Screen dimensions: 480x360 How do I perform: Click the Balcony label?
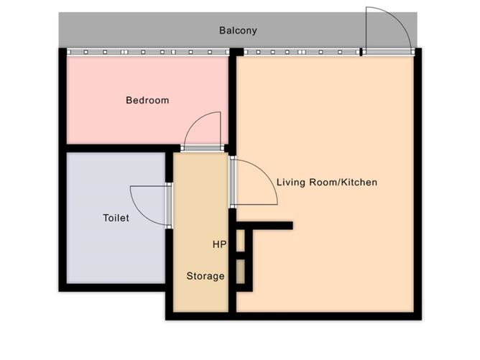(238, 31)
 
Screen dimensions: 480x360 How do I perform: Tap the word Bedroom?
(147, 100)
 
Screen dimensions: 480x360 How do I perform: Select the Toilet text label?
(116, 218)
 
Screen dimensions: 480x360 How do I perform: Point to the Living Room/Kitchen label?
(327, 183)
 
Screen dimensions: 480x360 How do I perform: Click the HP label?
(219, 244)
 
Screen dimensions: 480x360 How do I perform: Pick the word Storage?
(206, 276)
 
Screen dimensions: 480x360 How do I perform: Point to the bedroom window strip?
(148, 52)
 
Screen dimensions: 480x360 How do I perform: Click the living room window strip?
(302, 52)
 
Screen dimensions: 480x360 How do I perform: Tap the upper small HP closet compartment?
(241, 240)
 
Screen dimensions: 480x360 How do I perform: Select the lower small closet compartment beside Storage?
(241, 272)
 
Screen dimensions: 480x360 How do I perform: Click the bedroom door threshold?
(203, 149)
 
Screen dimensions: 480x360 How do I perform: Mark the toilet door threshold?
(169, 206)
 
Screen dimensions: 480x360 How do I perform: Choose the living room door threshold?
(233, 182)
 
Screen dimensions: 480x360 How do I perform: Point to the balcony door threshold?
(388, 52)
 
